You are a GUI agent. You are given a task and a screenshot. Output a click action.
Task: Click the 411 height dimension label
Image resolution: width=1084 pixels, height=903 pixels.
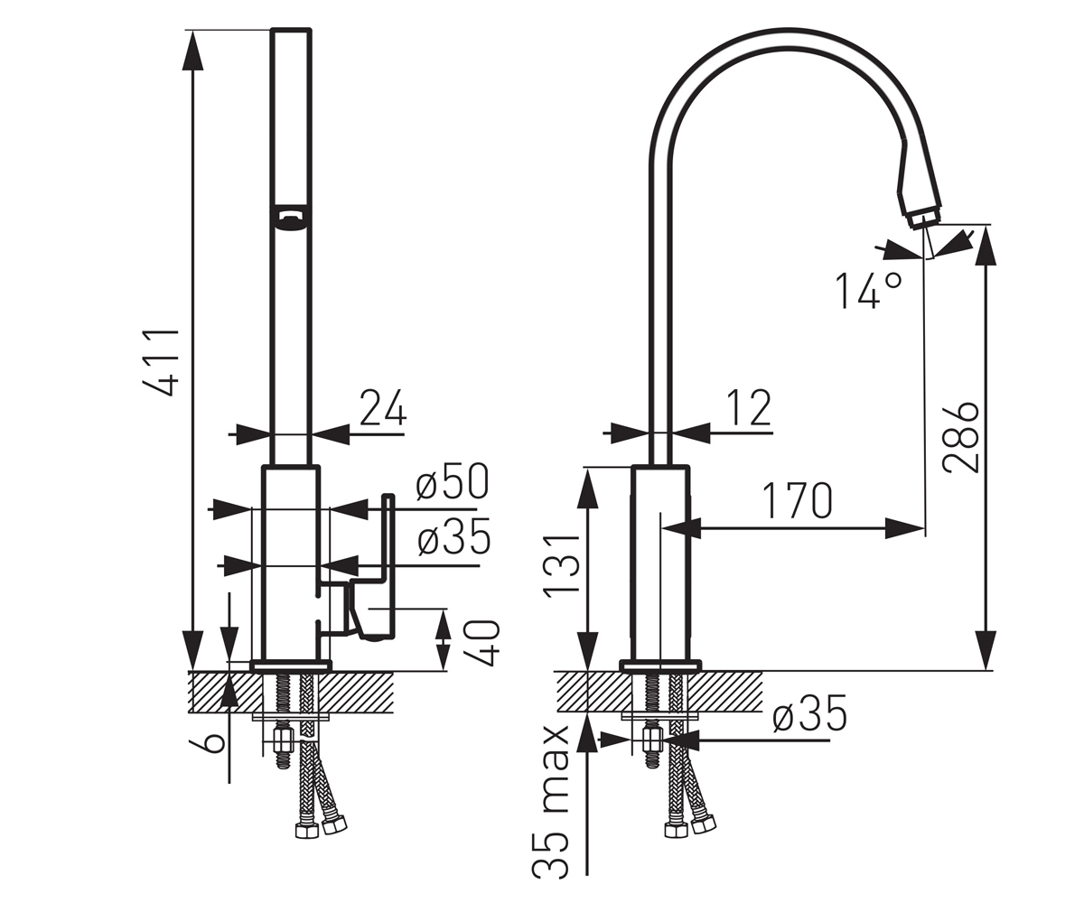[x=162, y=362]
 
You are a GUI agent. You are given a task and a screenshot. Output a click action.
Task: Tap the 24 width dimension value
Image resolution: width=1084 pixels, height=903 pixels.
[x=383, y=408]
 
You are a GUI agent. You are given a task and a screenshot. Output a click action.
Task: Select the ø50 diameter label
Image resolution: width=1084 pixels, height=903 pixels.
[x=453, y=481]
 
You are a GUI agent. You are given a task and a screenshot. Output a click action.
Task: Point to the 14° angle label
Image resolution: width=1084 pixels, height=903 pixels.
[x=868, y=290]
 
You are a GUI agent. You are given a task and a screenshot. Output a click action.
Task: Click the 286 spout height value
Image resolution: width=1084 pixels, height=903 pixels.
[x=960, y=437]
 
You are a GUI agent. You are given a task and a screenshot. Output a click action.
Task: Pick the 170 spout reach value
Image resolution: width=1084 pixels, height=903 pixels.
[x=798, y=501]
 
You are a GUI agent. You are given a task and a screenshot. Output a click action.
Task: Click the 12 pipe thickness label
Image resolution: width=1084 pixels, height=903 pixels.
[x=749, y=408]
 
